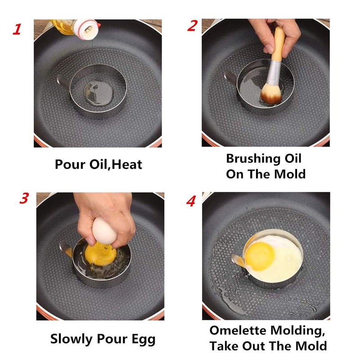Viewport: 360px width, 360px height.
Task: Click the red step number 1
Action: point(17,30)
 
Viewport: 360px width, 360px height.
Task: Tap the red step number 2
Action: point(193,26)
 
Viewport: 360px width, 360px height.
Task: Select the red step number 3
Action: point(24,198)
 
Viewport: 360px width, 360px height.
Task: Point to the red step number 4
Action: point(191,201)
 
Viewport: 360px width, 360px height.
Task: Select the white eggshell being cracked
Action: point(103,231)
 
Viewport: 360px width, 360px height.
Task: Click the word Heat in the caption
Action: point(127,164)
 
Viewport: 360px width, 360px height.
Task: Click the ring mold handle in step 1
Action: point(62,81)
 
